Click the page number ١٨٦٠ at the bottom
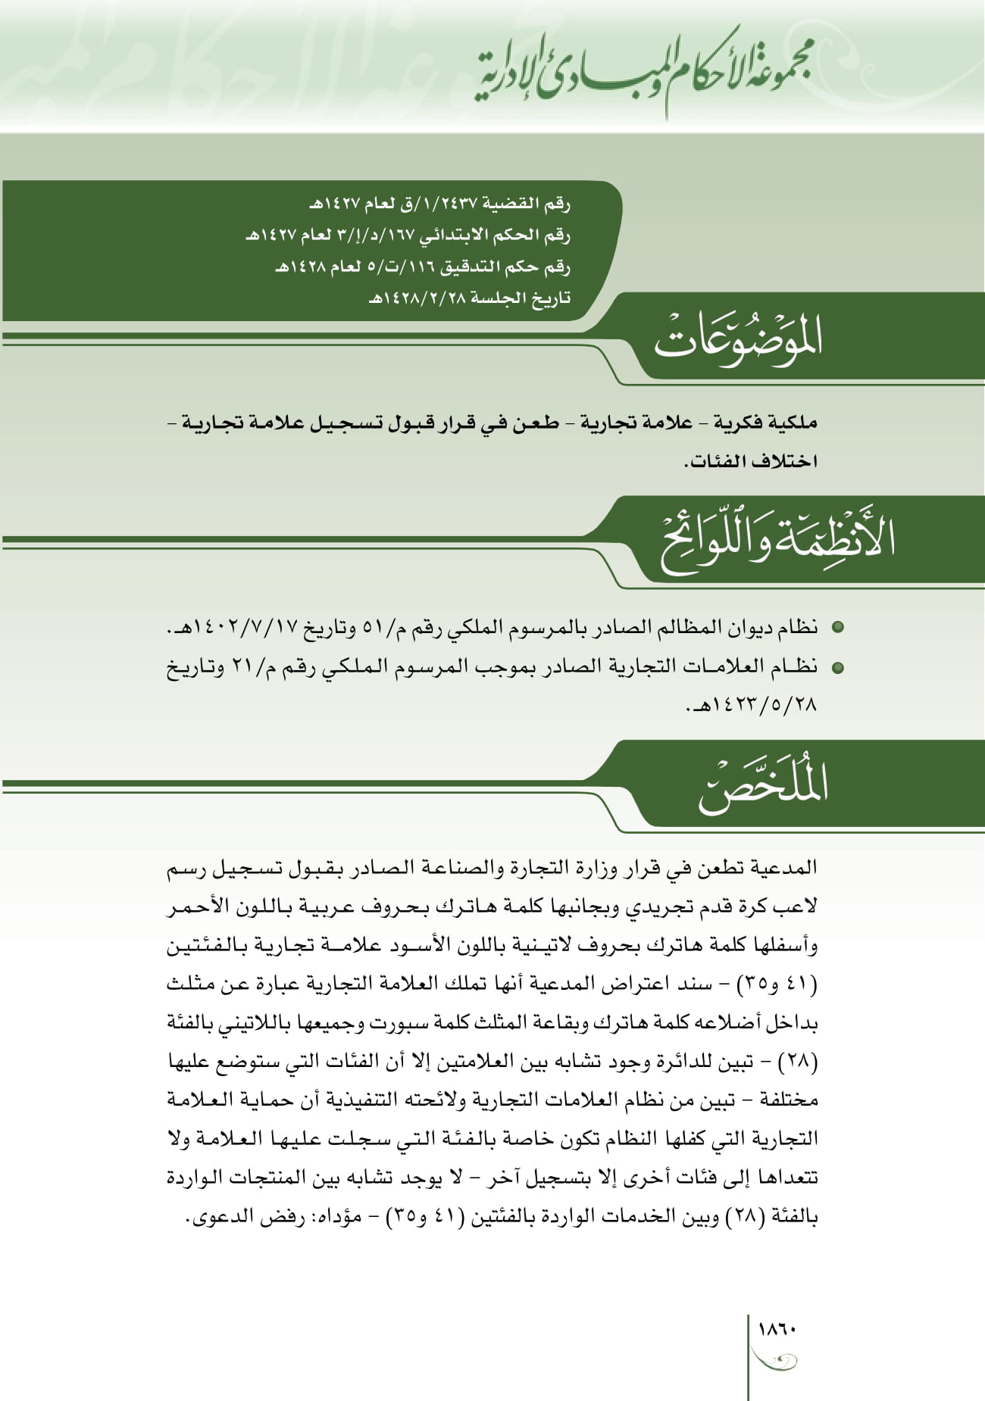pos(777,1329)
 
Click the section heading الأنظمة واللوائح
pos(777,539)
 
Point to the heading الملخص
pos(762,784)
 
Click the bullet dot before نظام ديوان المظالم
pos(837,628)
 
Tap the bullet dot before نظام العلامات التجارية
pos(837,668)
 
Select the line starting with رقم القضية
pos(439,204)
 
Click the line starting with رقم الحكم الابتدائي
pos(408,236)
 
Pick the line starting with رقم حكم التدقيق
pos(422,267)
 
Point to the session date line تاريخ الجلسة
pos(469,298)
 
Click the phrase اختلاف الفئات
pos(750,461)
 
